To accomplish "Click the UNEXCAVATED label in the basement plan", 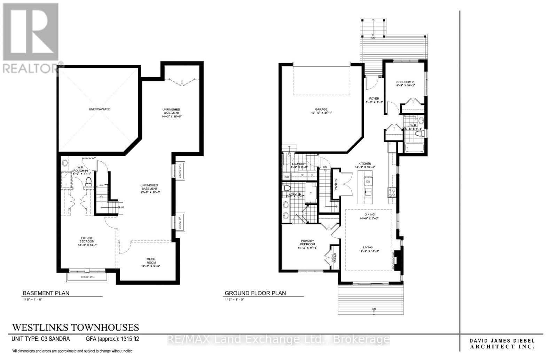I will pos(99,109).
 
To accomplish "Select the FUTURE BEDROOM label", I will pos(87,240).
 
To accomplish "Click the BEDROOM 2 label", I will pos(405,82).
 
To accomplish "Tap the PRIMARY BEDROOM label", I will pos(307,242).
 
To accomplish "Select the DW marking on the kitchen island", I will pos(368,182).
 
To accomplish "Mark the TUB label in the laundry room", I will pos(286,177).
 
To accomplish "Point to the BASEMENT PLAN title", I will pos(46,293).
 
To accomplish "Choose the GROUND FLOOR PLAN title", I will pos(255,293).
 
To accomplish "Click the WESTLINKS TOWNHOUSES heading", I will pos(76,327).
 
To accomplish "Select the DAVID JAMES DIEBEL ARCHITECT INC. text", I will pos(502,344).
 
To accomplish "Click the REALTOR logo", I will pos(31,38).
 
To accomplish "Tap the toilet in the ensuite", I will pos(287,188).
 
